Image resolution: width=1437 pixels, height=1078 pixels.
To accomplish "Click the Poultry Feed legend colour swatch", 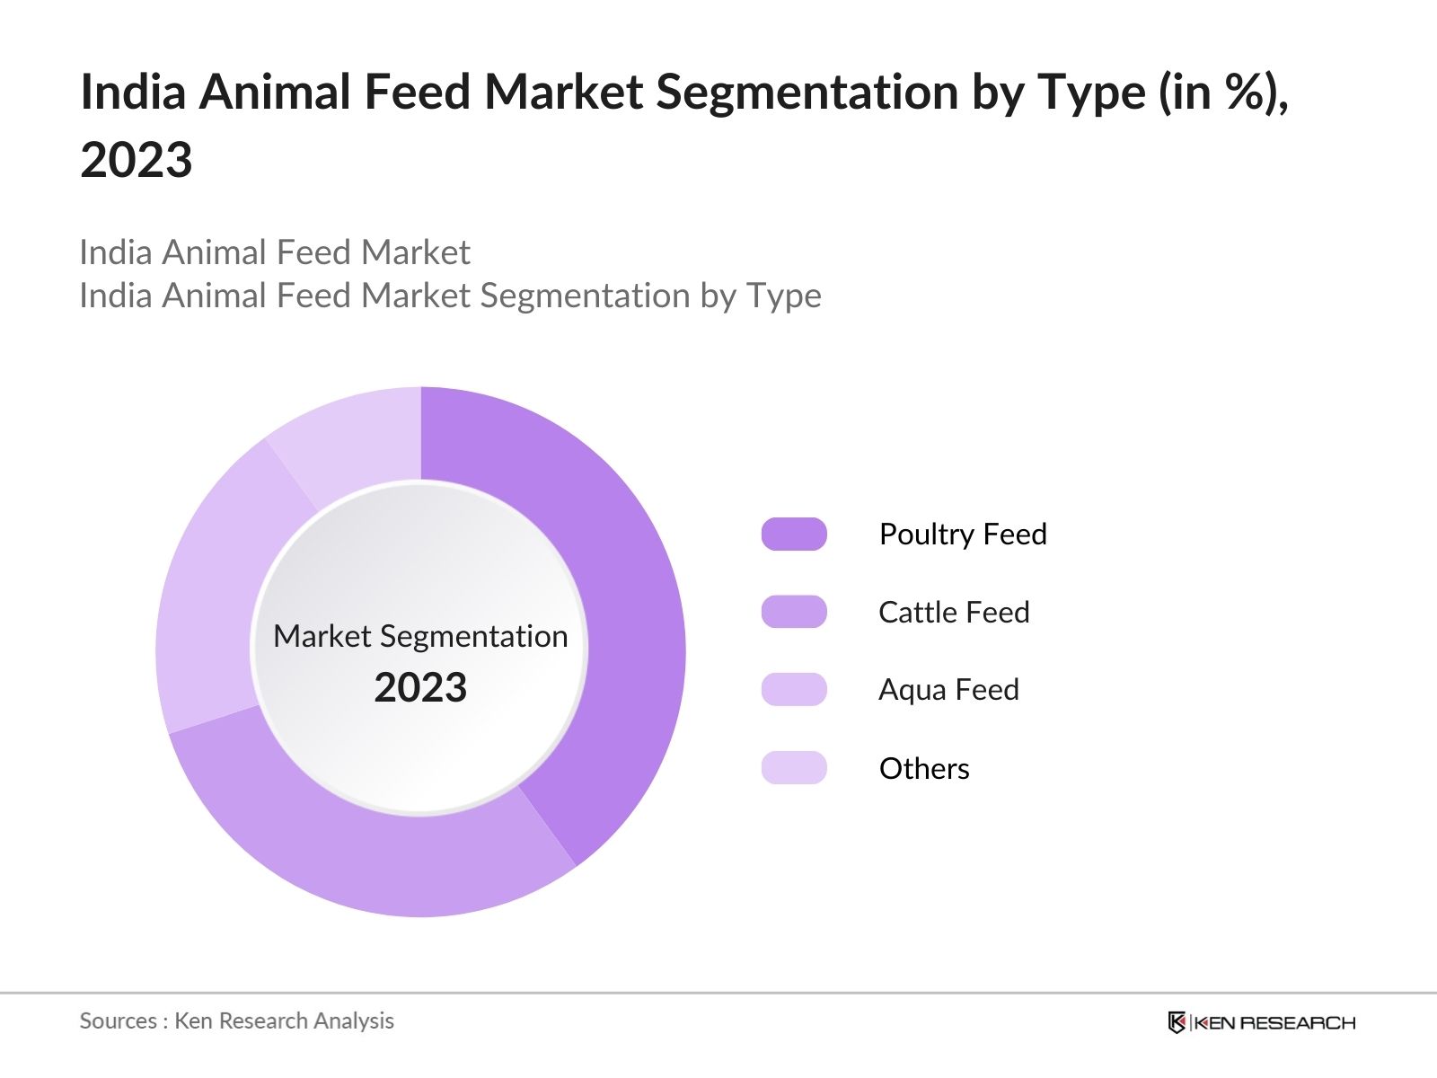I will pyautogui.click(x=794, y=534).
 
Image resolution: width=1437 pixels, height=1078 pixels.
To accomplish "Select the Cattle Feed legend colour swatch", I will pyautogui.click(x=794, y=612).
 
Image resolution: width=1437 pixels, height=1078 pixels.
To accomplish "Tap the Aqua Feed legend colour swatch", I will pyautogui.click(x=794, y=690).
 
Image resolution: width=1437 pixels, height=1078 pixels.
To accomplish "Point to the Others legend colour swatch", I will pyautogui.click(x=794, y=768).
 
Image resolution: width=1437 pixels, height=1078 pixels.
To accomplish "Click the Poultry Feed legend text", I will pyautogui.click(x=963, y=534).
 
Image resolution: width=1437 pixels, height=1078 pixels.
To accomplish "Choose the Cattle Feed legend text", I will pyautogui.click(x=954, y=612).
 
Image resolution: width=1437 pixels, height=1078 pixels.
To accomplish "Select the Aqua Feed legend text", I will pyautogui.click(x=948, y=690).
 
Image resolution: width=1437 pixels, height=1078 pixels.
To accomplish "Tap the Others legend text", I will pyautogui.click(x=924, y=768).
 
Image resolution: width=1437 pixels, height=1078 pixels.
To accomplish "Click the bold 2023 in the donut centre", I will pyautogui.click(x=420, y=688).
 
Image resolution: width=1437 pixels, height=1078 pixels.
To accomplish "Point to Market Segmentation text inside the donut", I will pyautogui.click(x=420, y=636).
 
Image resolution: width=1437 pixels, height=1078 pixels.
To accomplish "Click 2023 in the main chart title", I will pyautogui.click(x=137, y=160).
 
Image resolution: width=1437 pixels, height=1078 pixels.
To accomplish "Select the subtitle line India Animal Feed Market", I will pyautogui.click(x=275, y=252).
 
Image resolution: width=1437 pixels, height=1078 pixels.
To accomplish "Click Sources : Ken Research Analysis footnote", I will pyautogui.click(x=236, y=1021).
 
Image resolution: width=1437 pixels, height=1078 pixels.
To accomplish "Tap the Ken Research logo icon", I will pyautogui.click(x=1177, y=1022).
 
